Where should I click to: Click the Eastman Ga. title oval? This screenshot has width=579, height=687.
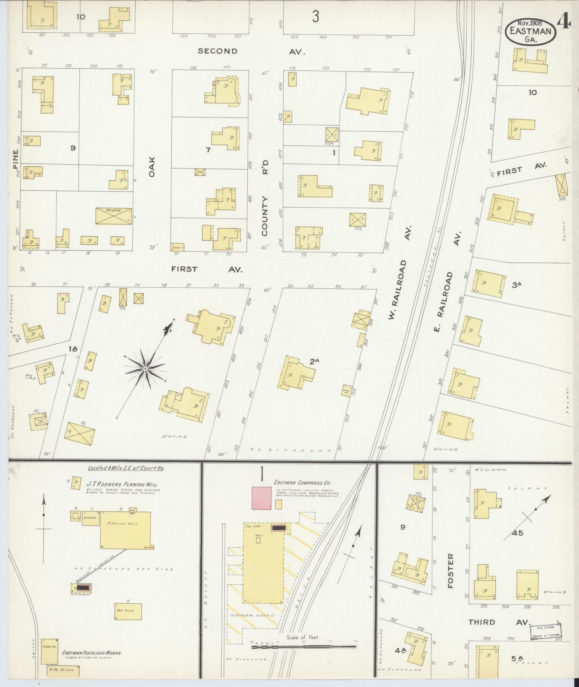(x=531, y=32)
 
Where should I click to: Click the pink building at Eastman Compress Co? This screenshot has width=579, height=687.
(x=262, y=498)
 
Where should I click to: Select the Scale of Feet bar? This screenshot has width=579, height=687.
(x=304, y=395)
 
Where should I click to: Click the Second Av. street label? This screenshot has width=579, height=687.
(x=251, y=51)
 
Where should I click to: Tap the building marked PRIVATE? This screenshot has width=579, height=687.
(x=113, y=216)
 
